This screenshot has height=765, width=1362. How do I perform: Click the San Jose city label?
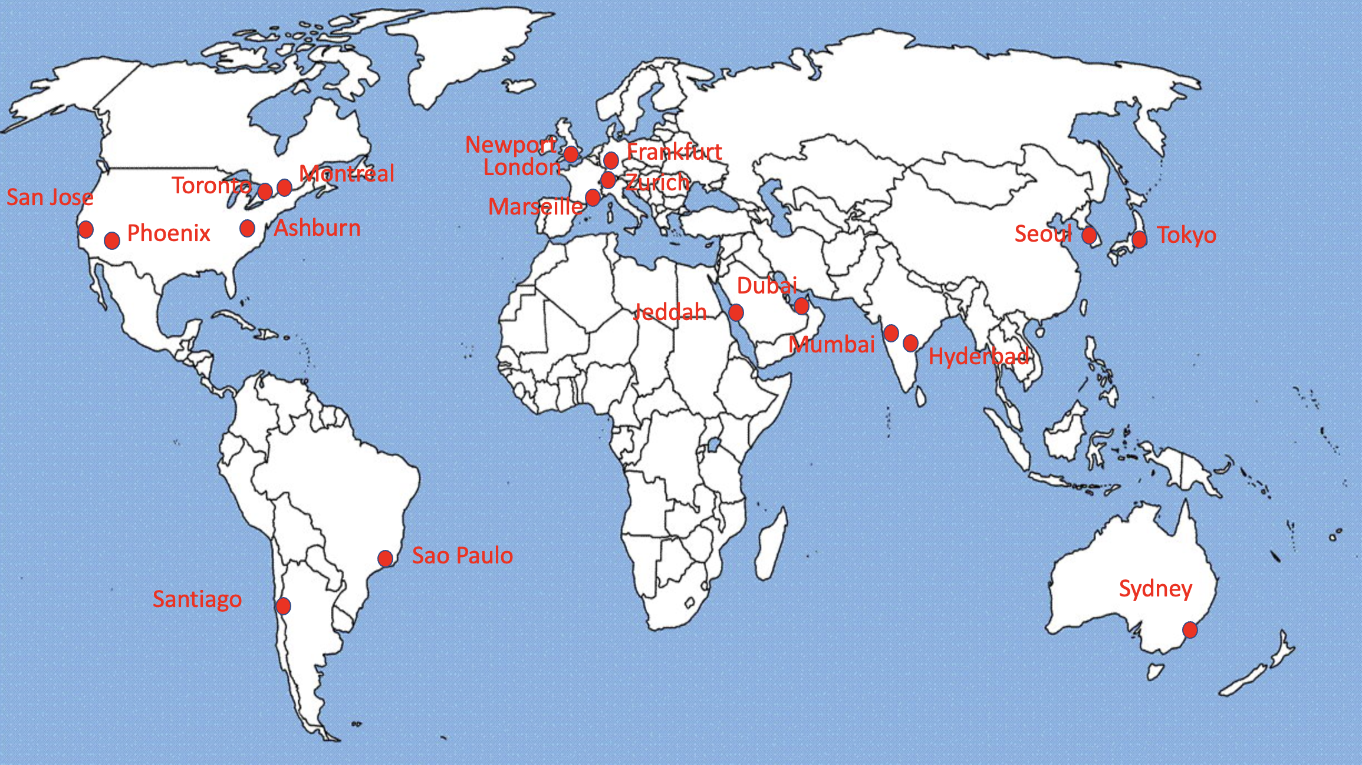(50, 197)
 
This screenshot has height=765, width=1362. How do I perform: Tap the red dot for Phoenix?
(112, 240)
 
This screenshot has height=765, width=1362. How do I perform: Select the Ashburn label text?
(317, 228)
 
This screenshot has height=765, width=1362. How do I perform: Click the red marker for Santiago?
(283, 605)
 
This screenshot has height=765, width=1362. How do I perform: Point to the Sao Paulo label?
(462, 556)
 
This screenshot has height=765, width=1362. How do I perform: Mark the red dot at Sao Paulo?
(386, 558)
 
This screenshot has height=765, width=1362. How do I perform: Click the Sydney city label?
(1156, 589)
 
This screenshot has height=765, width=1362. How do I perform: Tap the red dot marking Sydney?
(1190, 629)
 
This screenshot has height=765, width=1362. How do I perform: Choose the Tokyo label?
(1186, 235)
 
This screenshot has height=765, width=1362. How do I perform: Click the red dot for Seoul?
(1089, 235)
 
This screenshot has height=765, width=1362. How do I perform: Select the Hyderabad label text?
(979, 357)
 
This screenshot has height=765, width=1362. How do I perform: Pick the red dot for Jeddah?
(736, 312)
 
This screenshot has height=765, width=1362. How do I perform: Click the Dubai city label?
(766, 286)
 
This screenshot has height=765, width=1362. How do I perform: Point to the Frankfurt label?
(674, 152)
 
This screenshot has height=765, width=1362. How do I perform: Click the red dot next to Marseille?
(593, 198)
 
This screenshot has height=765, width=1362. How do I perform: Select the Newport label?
(511, 145)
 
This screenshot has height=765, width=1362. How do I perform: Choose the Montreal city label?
(347, 174)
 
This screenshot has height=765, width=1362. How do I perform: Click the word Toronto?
(212, 186)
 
